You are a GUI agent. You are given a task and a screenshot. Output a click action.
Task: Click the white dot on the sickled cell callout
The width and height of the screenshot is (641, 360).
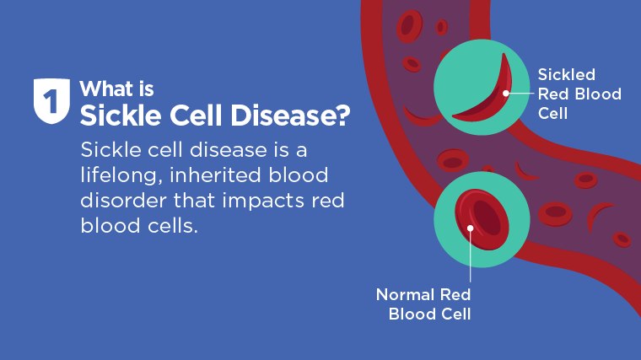point(506,94)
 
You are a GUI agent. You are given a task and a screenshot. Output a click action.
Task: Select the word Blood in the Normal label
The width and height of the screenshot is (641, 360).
point(411,314)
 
